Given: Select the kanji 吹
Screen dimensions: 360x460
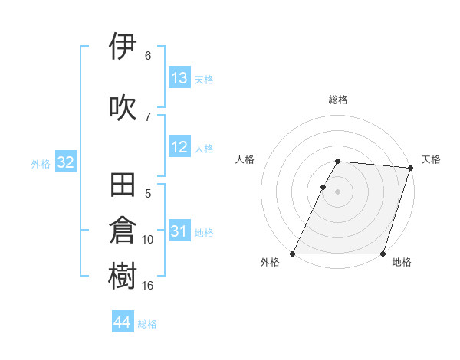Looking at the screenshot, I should coord(123,107).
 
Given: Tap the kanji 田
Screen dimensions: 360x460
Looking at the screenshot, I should coord(123,186).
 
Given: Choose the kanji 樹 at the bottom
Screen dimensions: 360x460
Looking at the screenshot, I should coord(123,276).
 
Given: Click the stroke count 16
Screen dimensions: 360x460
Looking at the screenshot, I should coord(148,286).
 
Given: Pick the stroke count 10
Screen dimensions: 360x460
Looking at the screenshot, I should coord(148,240).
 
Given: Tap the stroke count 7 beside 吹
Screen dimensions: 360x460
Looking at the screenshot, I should coord(148,116).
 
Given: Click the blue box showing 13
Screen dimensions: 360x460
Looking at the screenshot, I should coord(179,77).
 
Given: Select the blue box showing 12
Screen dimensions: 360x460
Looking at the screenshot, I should coord(179,147).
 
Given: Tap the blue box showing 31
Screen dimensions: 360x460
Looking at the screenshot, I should coord(179,231).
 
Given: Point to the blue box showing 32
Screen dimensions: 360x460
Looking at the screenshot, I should coord(65,162).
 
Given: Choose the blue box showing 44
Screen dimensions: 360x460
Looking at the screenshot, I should coord(122,322).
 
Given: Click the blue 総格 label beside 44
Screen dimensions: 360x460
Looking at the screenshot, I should coord(148,324).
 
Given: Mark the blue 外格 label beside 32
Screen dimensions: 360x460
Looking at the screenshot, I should coord(41,164).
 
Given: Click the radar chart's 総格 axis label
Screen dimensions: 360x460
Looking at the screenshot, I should coord(338,100).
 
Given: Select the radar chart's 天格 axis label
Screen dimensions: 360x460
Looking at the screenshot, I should coord(431,159).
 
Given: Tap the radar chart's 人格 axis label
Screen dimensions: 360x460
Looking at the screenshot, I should coord(245,159).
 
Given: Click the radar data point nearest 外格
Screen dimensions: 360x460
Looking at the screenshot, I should coord(293,254).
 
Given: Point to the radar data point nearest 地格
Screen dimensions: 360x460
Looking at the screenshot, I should coord(383,254).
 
